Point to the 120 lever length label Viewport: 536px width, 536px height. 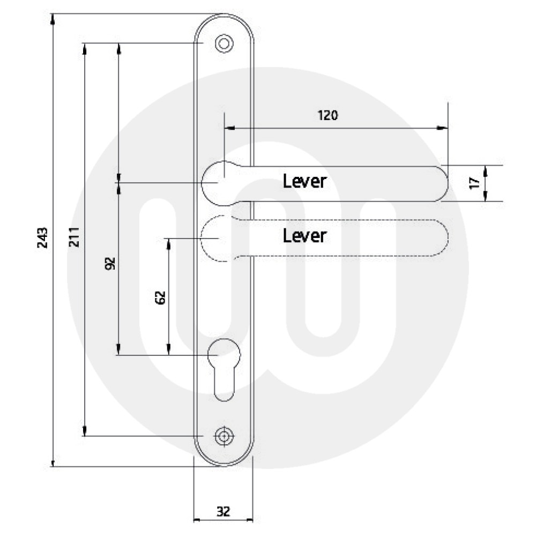(x=328, y=115)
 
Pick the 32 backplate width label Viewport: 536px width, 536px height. (x=224, y=512)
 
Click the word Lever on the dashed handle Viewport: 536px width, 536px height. (x=304, y=235)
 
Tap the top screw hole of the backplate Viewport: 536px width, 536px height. (x=224, y=43)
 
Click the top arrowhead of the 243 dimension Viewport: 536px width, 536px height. (x=53, y=18)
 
